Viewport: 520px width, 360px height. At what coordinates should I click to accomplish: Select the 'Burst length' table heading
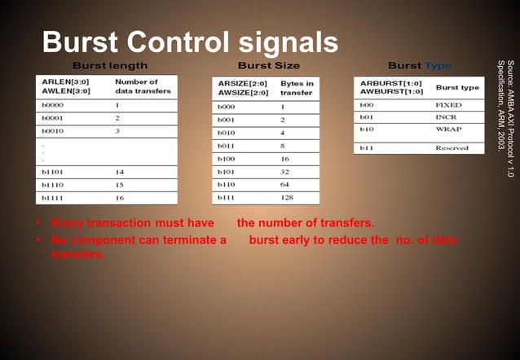coord(110,65)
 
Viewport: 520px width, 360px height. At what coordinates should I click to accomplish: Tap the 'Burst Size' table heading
coord(268,65)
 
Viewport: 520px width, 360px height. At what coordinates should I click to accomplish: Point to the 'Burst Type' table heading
coord(419,65)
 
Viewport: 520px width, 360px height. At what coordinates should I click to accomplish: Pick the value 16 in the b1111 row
coord(120,197)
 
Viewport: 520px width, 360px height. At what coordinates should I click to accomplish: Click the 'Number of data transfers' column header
coord(143,86)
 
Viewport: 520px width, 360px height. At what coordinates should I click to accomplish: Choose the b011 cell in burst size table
coord(227,146)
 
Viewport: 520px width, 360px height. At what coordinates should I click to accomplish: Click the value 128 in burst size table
coord(287,197)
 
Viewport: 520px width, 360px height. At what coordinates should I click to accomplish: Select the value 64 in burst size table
coord(284,185)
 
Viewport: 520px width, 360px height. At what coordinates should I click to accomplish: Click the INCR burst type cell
coord(446,117)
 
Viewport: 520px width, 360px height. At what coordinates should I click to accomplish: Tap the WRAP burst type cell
coord(447,130)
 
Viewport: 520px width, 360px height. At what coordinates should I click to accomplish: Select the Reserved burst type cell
coord(451,148)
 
